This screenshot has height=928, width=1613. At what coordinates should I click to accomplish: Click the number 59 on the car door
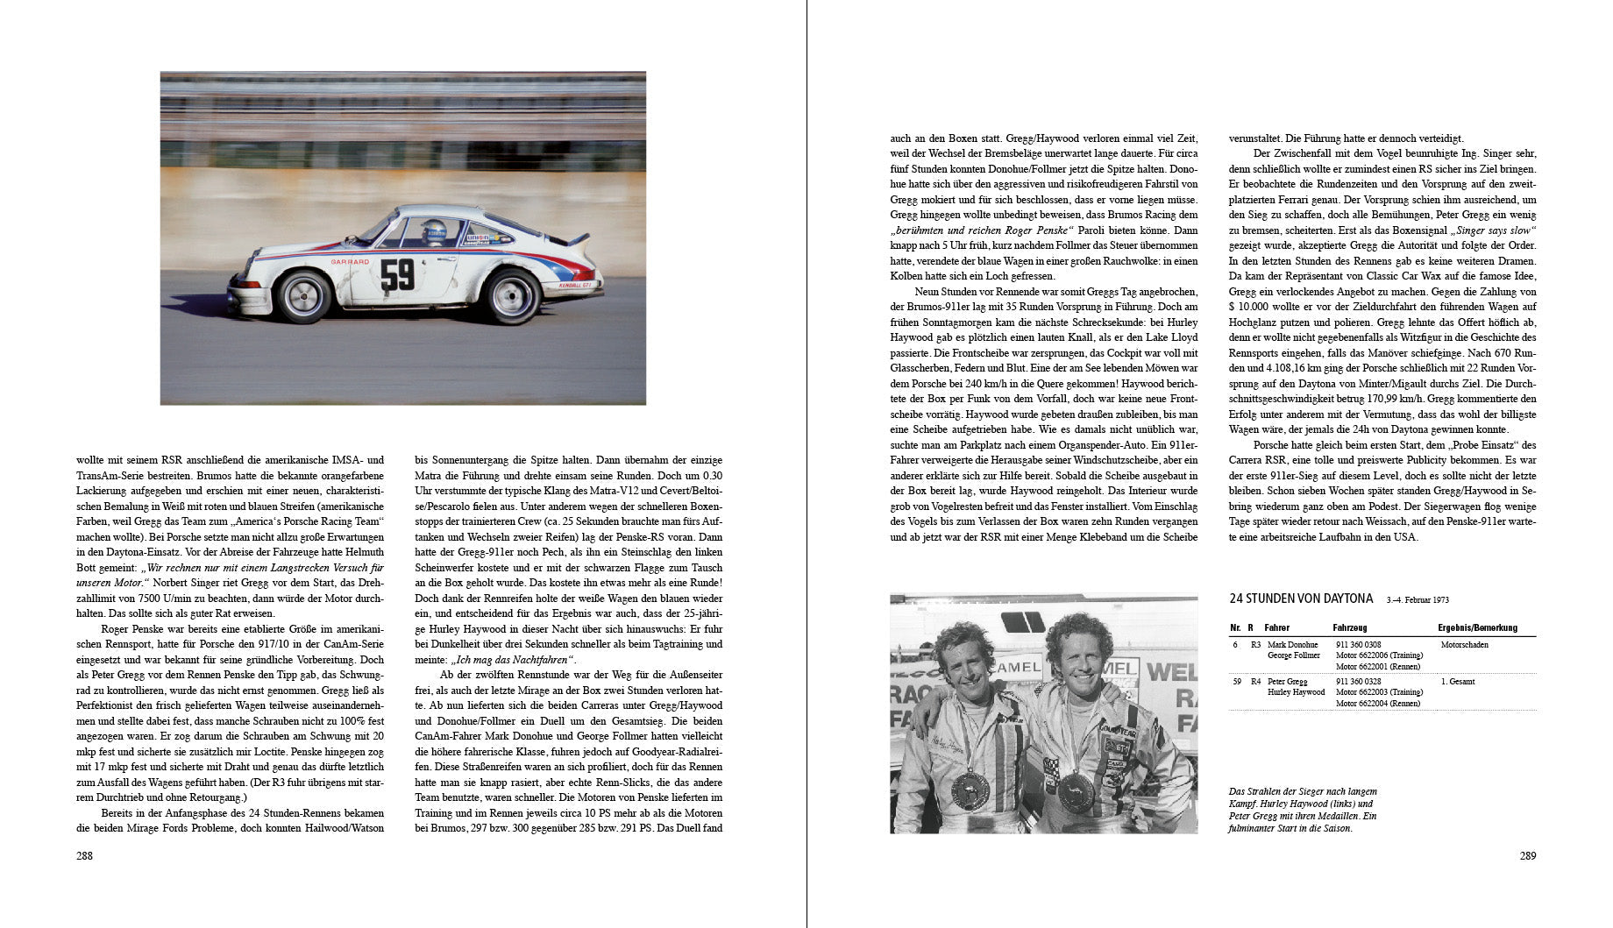click(397, 273)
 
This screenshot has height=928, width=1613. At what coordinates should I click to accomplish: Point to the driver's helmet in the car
click(432, 231)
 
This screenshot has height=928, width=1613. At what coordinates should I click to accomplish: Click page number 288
click(85, 855)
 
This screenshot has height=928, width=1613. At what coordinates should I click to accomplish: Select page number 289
click(1527, 855)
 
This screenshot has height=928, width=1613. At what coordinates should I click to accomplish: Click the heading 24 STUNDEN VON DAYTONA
click(1301, 599)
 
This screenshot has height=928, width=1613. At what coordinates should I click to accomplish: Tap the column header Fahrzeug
click(1349, 627)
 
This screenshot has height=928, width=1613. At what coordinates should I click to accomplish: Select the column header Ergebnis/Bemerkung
click(1477, 627)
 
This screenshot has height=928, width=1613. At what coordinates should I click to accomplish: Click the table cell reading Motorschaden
click(1464, 645)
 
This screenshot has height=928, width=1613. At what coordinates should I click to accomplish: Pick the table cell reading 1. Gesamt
click(1458, 681)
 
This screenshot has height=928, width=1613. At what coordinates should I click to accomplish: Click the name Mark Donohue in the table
click(1291, 645)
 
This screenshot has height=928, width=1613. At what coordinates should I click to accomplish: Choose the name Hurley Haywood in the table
click(1295, 692)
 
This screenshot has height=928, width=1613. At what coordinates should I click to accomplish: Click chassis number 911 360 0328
click(1358, 681)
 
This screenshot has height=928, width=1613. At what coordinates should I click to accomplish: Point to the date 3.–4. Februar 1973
click(1418, 600)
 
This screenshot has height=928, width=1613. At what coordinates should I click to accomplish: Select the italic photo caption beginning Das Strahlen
click(1303, 810)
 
